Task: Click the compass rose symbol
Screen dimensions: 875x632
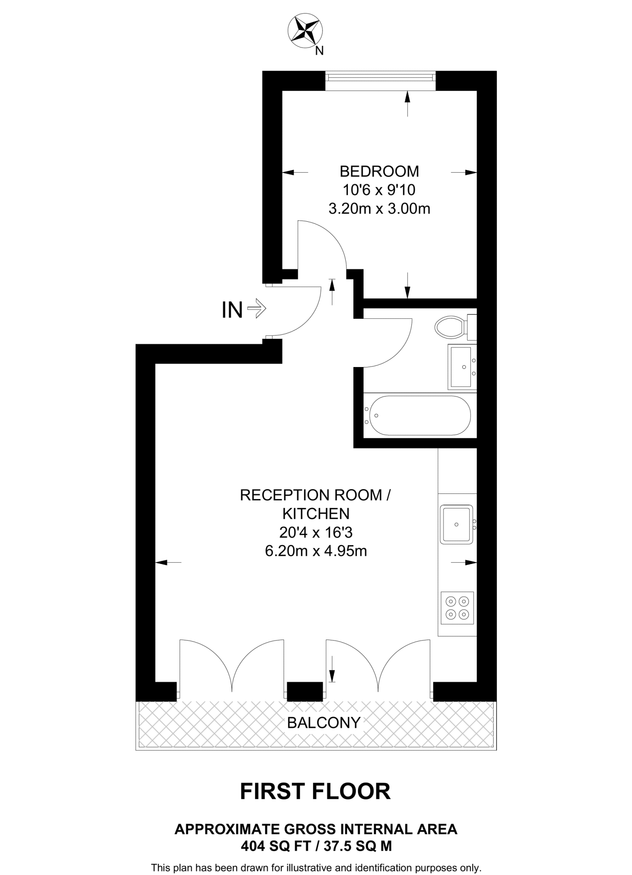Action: (x=305, y=30)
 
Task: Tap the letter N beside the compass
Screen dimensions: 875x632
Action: (x=319, y=51)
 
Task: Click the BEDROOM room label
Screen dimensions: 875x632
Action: (x=379, y=171)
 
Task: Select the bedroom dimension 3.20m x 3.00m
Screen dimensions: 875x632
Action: (x=379, y=208)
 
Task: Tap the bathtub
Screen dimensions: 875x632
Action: (x=419, y=416)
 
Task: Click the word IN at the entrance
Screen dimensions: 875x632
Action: (x=232, y=310)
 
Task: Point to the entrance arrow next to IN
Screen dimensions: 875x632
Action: (x=257, y=308)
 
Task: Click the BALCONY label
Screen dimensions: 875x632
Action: (x=323, y=722)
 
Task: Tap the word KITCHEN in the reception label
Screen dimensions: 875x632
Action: (x=316, y=513)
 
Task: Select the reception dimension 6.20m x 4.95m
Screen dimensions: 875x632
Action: (x=316, y=551)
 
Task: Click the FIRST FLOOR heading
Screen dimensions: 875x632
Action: (x=315, y=792)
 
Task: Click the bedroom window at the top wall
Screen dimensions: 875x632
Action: (x=380, y=77)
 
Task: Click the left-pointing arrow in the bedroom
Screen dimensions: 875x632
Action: (x=295, y=173)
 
